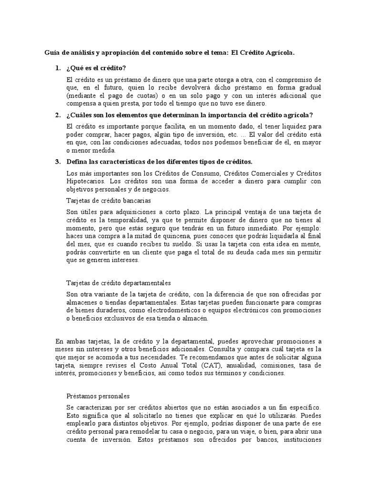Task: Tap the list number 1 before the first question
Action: pyautogui.click(x=57, y=68)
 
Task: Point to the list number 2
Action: pyautogui.click(x=57, y=115)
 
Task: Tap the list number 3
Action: pyautogui.click(x=57, y=161)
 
